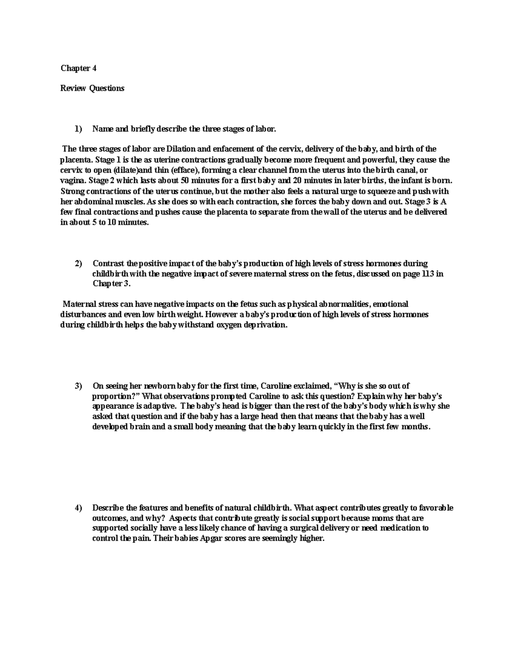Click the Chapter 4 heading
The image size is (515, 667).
click(x=76, y=68)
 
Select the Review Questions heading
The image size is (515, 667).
click(x=92, y=88)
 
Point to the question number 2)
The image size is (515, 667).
click(x=78, y=264)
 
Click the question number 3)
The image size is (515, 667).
click(x=78, y=386)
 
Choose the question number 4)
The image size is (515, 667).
click(x=78, y=508)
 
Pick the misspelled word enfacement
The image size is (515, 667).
click(x=231, y=149)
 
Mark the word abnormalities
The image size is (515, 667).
click(x=342, y=304)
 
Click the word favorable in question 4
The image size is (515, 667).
click(x=436, y=508)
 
